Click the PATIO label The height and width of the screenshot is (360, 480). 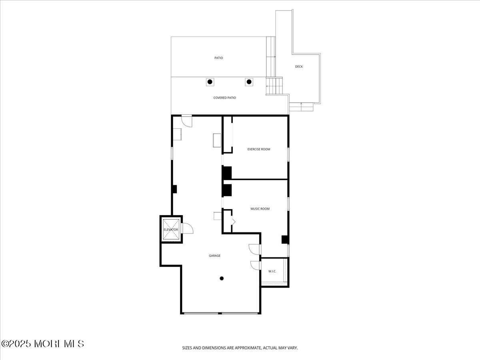pyautogui.click(x=218, y=58)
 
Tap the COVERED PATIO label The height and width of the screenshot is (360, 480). pyautogui.click(x=224, y=98)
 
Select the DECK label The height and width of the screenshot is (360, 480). pyautogui.click(x=299, y=66)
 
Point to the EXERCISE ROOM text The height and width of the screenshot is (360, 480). pyautogui.click(x=259, y=149)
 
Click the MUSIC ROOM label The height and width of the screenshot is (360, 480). pyautogui.click(x=260, y=209)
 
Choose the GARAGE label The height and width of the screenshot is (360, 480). pyautogui.click(x=214, y=256)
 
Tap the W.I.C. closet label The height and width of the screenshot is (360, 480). pyautogui.click(x=272, y=271)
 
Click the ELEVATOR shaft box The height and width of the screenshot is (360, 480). pyautogui.click(x=171, y=229)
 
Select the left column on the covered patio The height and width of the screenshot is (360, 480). pyautogui.click(x=210, y=82)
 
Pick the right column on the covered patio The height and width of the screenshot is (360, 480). pyautogui.click(x=249, y=82)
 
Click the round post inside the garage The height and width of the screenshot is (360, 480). pyautogui.click(x=222, y=278)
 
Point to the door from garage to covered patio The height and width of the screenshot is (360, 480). pyautogui.click(x=187, y=121)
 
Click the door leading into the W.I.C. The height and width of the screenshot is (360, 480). pyautogui.click(x=256, y=265)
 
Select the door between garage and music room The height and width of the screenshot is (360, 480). pyautogui.click(x=255, y=249)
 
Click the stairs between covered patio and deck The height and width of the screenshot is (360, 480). pyautogui.click(x=274, y=86)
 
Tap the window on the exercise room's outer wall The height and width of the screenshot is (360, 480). pyautogui.click(x=288, y=154)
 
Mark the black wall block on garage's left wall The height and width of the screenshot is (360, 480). pyautogui.click(x=174, y=189)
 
